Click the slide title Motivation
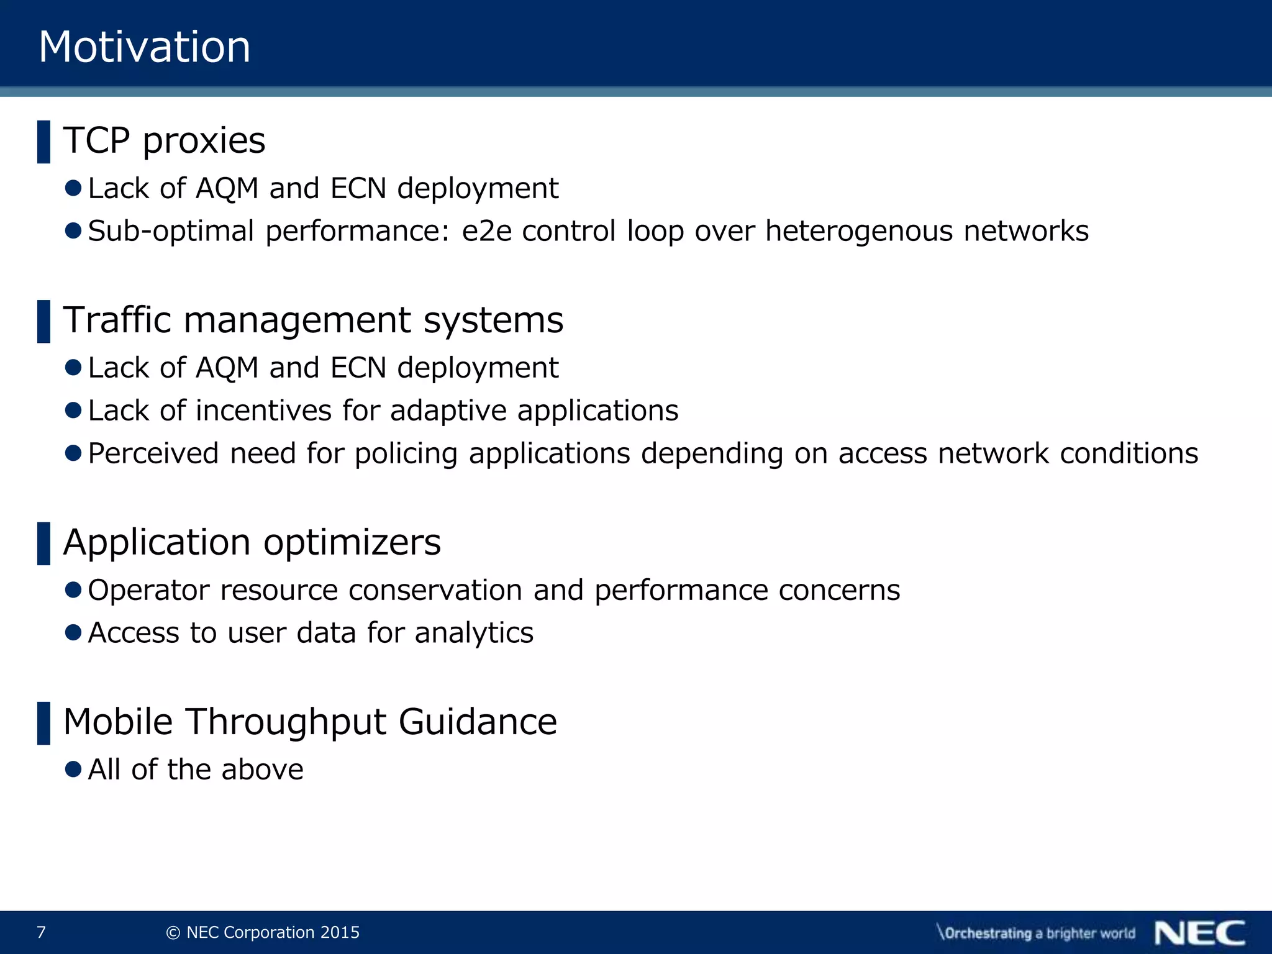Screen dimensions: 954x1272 [145, 47]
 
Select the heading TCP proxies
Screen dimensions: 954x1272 [165, 140]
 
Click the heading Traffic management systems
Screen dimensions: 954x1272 [313, 320]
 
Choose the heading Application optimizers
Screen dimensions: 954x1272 [252, 542]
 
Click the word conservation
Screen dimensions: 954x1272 [435, 590]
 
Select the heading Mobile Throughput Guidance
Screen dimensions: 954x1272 [310, 722]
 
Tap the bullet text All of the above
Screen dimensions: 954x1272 [196, 770]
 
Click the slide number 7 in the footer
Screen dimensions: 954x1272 [42, 932]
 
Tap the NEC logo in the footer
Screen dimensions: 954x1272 [1200, 933]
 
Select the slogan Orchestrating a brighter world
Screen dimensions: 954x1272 [1036, 933]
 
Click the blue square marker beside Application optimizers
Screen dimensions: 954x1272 [43, 543]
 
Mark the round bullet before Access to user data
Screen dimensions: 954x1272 [73, 632]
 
